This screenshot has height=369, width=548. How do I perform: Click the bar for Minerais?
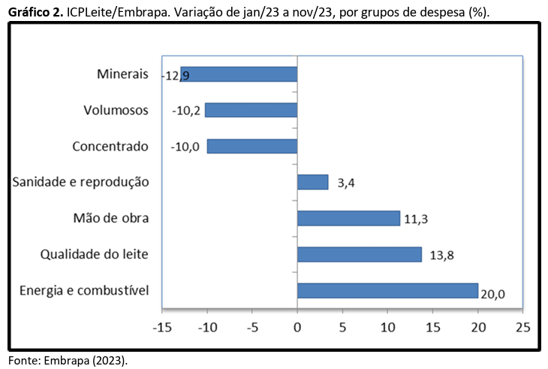[x=239, y=74]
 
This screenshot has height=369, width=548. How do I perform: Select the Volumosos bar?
[x=251, y=110]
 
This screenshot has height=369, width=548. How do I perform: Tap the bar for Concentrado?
[x=252, y=146]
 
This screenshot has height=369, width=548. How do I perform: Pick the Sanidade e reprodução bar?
[x=312, y=182]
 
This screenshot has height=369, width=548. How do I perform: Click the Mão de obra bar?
[x=348, y=218]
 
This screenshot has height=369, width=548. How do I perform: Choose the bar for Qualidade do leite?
[x=360, y=254]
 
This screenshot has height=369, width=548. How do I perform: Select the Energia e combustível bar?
[x=387, y=290]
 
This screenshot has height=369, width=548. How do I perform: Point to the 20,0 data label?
[x=492, y=294]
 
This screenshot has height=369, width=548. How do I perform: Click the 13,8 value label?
[x=442, y=255]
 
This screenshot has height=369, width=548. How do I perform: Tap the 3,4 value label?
[x=346, y=183]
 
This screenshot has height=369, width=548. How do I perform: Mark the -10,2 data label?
[x=185, y=111]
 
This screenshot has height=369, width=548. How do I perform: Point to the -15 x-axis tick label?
[x=162, y=327]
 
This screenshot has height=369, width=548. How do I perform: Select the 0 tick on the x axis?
[x=297, y=327]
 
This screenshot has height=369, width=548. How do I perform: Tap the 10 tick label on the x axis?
[x=388, y=327]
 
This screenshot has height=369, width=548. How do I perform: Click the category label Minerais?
[x=123, y=74]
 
